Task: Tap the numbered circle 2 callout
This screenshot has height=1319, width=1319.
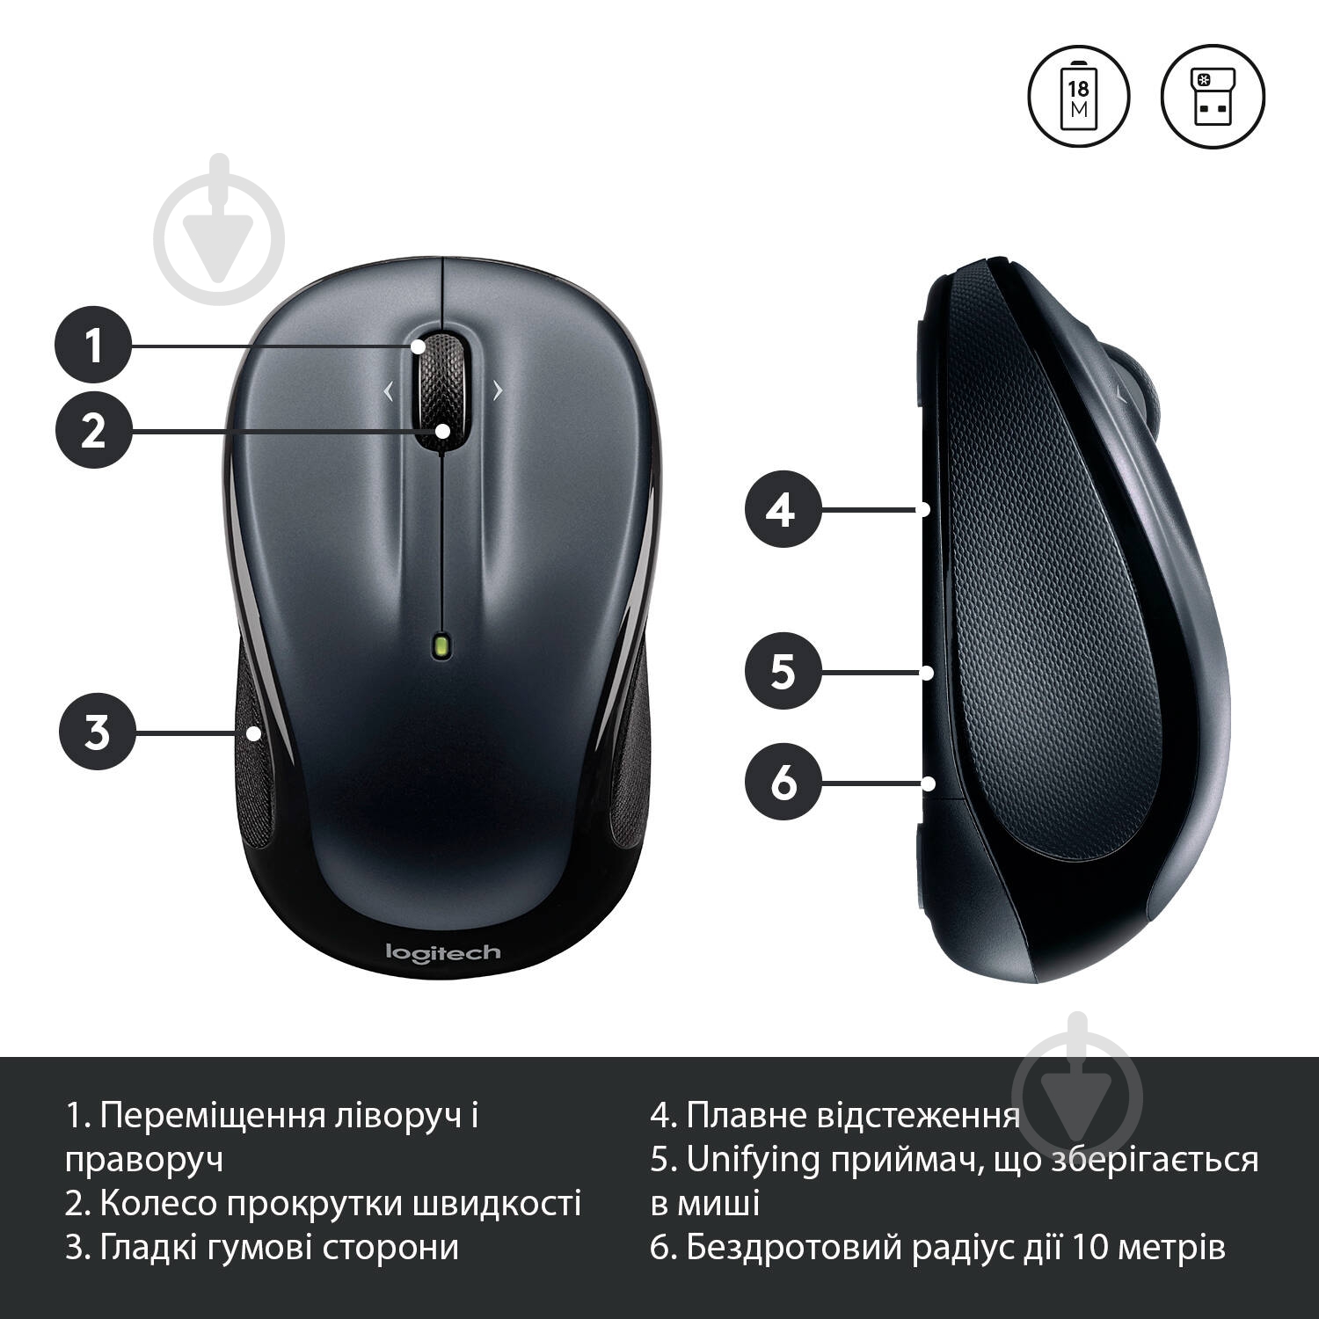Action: pos(93,430)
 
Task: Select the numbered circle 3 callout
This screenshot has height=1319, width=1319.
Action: pos(97,731)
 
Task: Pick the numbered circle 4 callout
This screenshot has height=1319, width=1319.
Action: pos(783,509)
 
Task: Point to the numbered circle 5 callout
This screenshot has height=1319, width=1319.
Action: pos(783,671)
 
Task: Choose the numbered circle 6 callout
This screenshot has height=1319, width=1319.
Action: pos(783,781)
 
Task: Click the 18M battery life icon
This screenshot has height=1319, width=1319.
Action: pos(1078,96)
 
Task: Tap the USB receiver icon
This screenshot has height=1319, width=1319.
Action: pos(1213,96)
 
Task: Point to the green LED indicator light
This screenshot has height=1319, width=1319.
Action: pos(441,645)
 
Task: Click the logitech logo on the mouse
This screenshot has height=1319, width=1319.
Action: pos(443,952)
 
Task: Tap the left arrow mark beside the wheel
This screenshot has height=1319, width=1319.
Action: pos(388,391)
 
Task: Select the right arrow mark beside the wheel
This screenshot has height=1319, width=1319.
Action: pos(498,390)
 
